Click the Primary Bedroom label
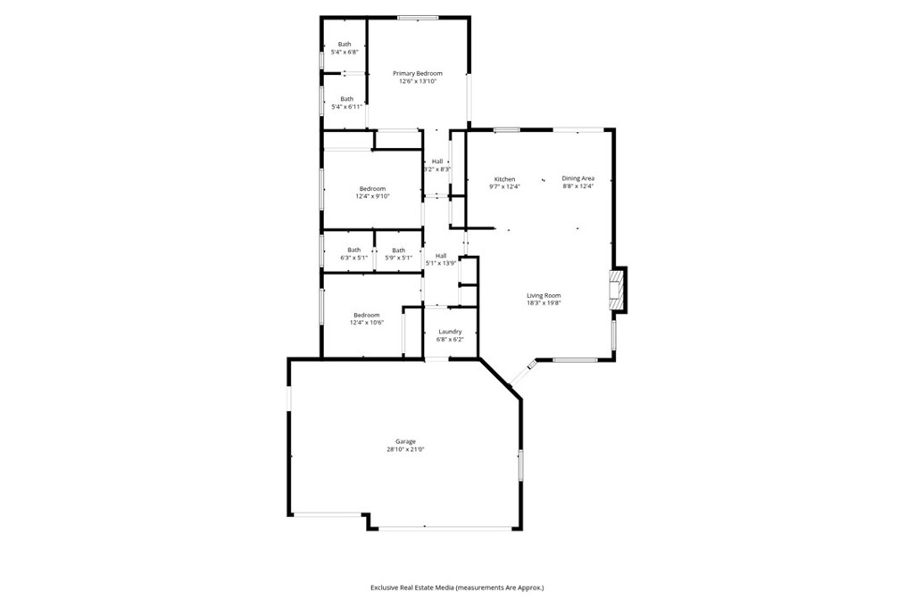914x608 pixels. click(x=418, y=73)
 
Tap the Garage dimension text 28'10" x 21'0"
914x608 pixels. click(x=405, y=449)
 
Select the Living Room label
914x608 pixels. click(x=544, y=295)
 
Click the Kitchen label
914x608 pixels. click(x=505, y=179)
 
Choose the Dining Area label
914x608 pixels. click(x=578, y=178)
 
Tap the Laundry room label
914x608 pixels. click(x=450, y=332)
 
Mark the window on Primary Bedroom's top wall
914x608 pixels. click(x=418, y=18)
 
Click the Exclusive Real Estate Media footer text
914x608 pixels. click(x=457, y=587)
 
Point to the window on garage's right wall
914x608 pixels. click(x=521, y=464)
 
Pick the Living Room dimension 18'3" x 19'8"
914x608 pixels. click(x=544, y=303)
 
